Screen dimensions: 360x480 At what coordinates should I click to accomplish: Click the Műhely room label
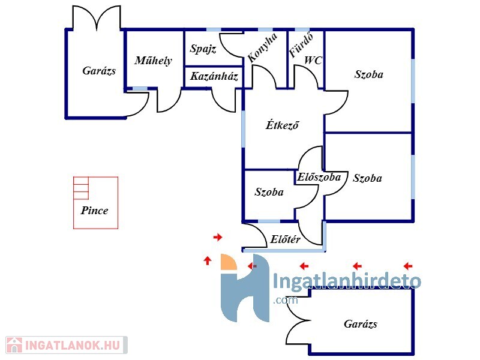coord(153,60)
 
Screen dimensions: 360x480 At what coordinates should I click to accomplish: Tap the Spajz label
coord(203,49)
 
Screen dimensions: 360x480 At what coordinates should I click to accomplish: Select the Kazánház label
coord(215,77)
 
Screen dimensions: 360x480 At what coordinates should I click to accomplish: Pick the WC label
coord(313,60)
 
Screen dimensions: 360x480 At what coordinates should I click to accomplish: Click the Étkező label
coord(282,125)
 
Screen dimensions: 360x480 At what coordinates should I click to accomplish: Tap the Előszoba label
coord(319,177)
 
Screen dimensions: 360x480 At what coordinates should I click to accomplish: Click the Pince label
coord(95,211)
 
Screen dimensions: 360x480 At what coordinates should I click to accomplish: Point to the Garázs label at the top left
coord(99,71)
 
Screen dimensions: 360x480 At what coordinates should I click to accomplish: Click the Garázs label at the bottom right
coord(361,324)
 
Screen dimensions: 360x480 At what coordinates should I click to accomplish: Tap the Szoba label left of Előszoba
coord(269,193)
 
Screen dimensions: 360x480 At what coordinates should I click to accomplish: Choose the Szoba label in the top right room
coord(368,75)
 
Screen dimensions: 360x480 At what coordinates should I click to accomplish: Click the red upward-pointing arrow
coord(208,260)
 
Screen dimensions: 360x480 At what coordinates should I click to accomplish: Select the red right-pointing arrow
coord(218,238)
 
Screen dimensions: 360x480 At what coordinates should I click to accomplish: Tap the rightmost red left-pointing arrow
coord(408,266)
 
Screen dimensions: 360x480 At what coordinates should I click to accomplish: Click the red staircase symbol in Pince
coord(80,188)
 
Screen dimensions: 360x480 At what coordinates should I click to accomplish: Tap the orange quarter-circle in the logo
coord(229,262)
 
